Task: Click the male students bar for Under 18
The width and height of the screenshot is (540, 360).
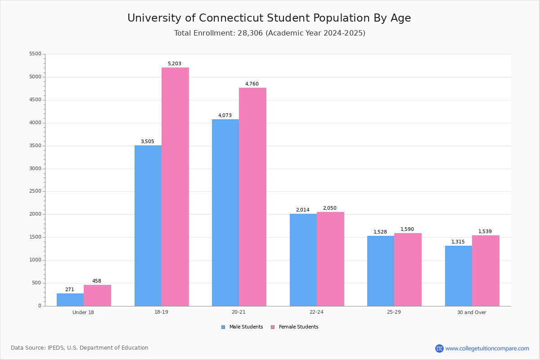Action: click(x=70, y=300)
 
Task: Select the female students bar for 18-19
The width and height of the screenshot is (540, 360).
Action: click(x=175, y=187)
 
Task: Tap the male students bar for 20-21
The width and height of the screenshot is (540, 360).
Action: click(x=225, y=213)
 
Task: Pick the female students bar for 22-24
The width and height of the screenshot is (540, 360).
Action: click(x=330, y=259)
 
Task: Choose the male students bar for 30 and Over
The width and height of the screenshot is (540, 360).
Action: click(x=459, y=276)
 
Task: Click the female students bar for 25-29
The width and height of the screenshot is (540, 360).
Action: click(x=408, y=270)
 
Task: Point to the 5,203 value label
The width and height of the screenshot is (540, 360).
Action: click(x=174, y=63)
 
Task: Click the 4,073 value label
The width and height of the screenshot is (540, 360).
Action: click(x=225, y=115)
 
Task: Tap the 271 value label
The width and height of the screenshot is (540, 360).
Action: click(x=70, y=289)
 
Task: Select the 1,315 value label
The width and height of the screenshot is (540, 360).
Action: click(x=458, y=242)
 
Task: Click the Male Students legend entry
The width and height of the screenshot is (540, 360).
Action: click(x=242, y=327)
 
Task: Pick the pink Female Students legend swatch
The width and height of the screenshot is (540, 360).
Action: click(x=273, y=327)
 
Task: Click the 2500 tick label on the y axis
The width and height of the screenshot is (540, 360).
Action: click(x=35, y=191)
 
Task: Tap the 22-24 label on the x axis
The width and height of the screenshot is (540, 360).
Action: click(x=316, y=312)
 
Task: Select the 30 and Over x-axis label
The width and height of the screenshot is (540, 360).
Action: click(x=472, y=312)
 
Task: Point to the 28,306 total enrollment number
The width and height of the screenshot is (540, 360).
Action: click(x=250, y=33)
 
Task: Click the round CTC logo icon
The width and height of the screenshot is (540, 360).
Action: click(x=439, y=348)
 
